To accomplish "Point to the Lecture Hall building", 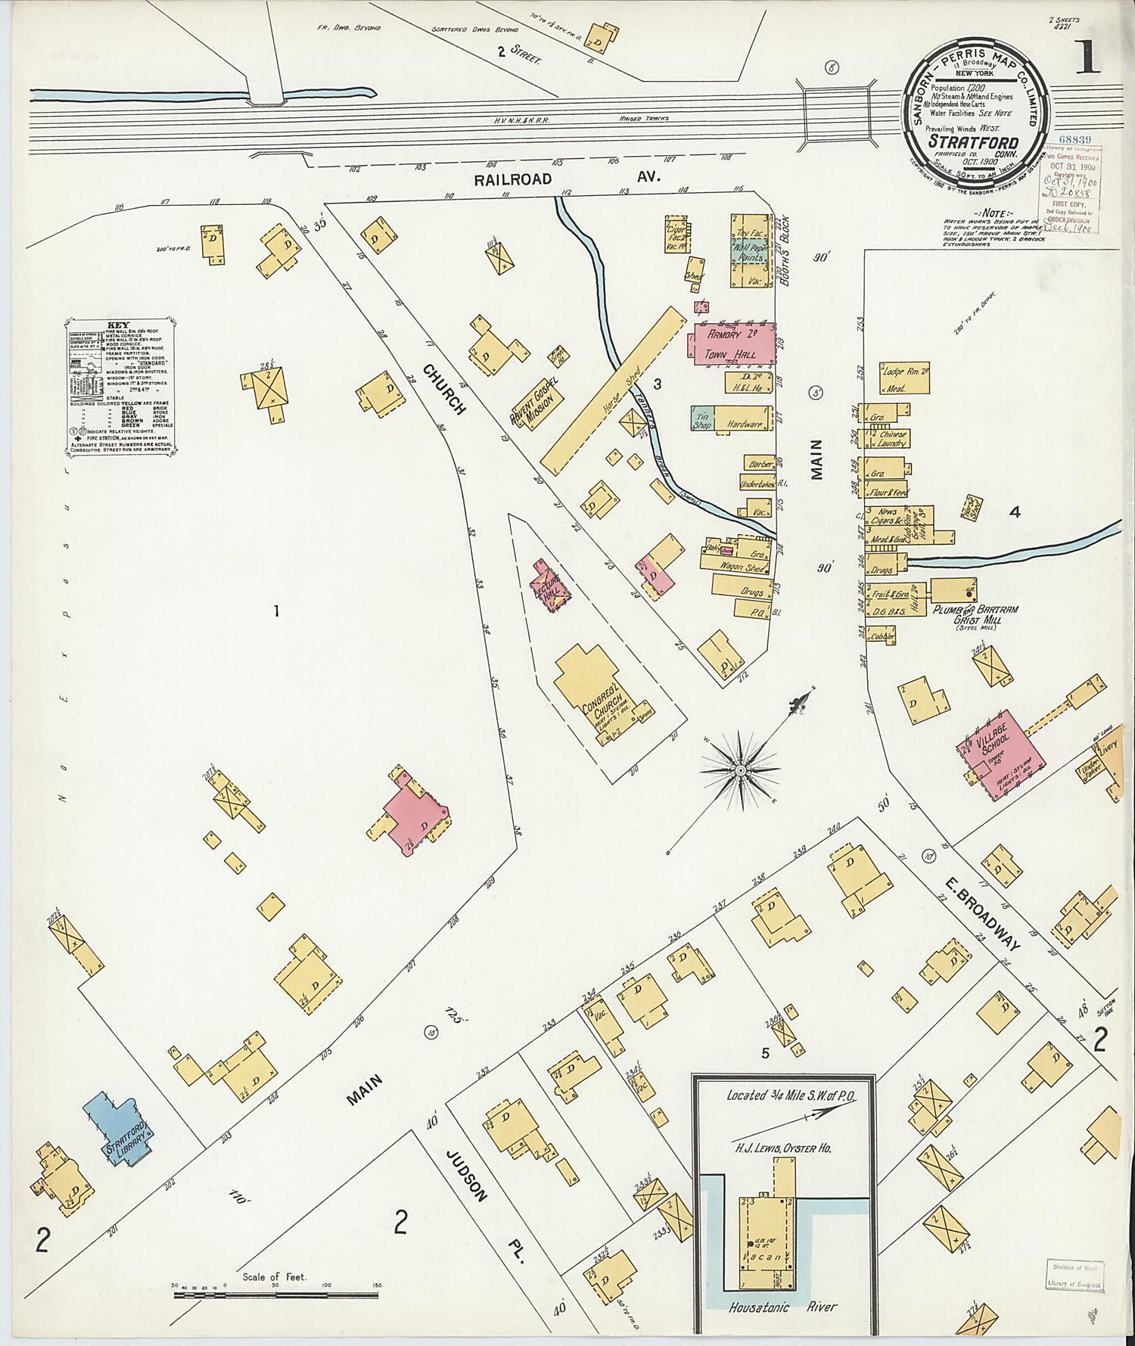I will tap(550, 587).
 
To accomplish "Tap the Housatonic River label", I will tap(783, 1307).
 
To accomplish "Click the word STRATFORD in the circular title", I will tap(972, 141).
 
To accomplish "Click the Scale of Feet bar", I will tap(275, 1295).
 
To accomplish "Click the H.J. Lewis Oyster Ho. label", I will tap(781, 1148).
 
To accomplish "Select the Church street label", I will tap(445, 389).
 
